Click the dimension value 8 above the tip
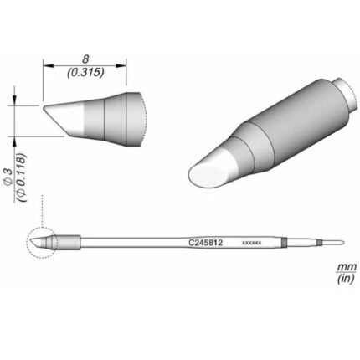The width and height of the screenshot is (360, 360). [x=85, y=59]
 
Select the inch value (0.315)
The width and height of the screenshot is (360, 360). [x=85, y=73]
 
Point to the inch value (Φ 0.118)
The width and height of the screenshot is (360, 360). [x=21, y=177]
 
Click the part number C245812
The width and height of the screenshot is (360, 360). [x=205, y=243]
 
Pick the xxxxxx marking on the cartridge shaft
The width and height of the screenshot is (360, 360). [x=251, y=243]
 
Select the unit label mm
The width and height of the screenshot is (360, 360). [x=347, y=266]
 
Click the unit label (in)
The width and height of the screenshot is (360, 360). [x=346, y=279]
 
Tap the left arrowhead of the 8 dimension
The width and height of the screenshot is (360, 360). [x=48, y=65]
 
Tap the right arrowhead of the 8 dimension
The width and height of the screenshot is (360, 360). [x=121, y=65]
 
